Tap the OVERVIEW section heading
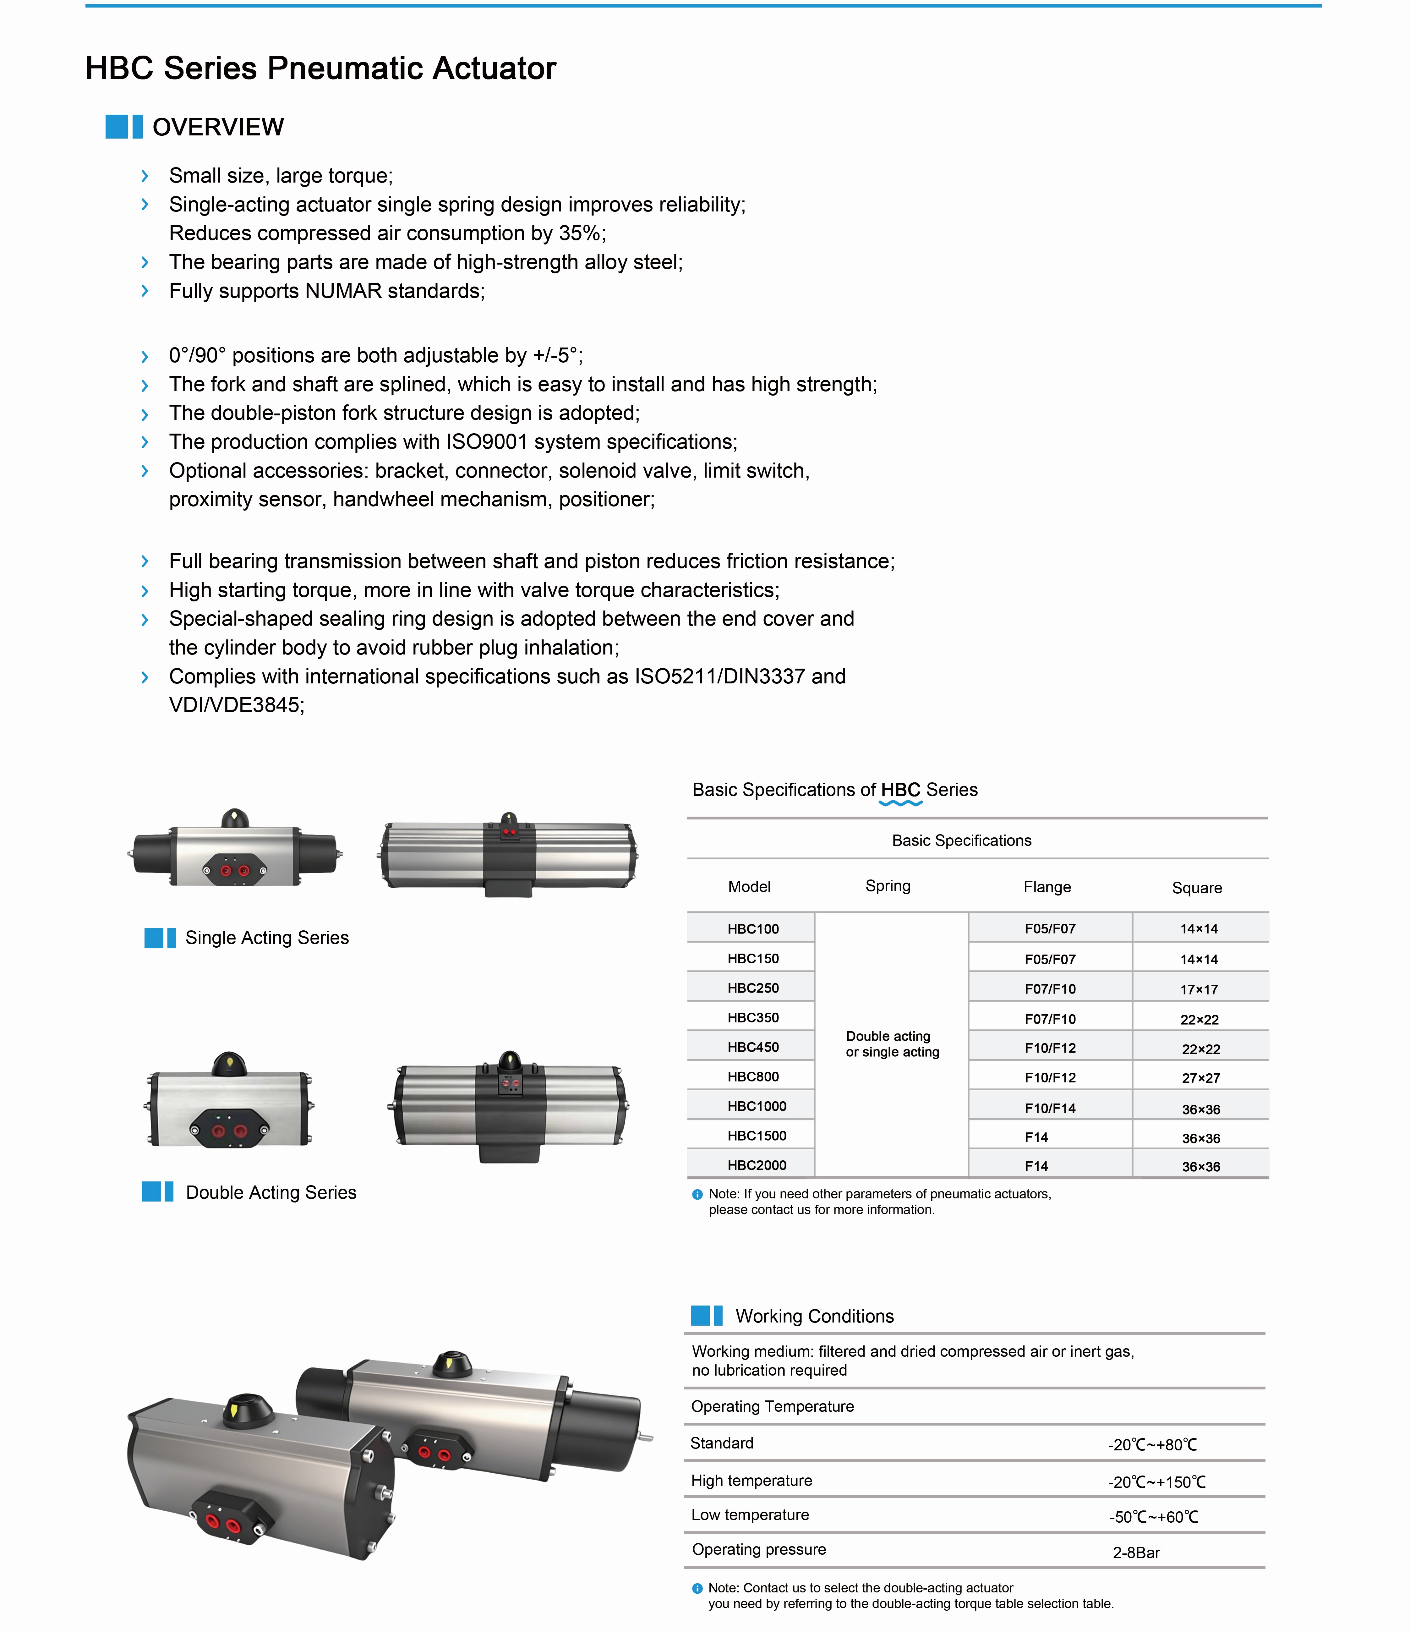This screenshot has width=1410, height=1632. coord(217,127)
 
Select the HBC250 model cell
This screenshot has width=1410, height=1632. coord(752,988)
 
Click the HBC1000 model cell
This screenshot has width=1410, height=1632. coord(756,1106)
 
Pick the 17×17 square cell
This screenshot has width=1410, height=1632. coord(1199,989)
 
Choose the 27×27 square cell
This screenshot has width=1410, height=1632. coord(1200,1077)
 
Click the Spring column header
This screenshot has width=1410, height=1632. coord(888,886)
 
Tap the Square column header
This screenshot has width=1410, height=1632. coord(1197,888)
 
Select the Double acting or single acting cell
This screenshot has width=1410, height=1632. coord(892,1043)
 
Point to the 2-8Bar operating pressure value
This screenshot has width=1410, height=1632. coord(1136,1553)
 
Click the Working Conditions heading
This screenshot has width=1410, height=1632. coord(815,1316)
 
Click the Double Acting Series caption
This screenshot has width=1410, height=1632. coord(271,1192)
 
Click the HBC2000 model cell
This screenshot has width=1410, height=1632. coord(756,1165)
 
